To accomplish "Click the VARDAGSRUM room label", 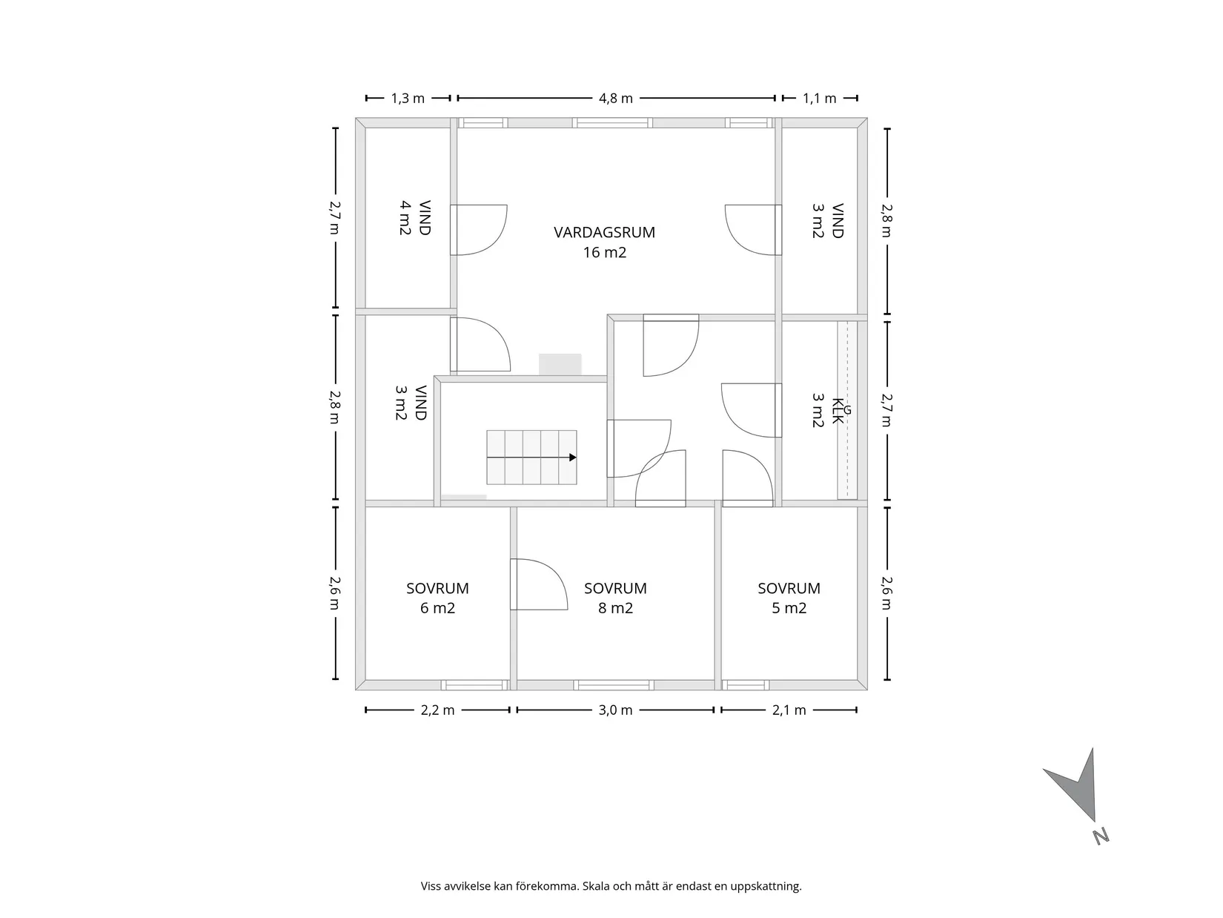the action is tap(604, 242).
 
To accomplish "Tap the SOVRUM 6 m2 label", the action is tap(437, 598).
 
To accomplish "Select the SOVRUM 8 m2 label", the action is tap(615, 598).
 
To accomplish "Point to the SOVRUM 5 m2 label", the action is tap(789, 598).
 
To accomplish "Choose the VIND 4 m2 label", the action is tap(414, 218).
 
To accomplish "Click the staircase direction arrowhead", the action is tap(573, 458).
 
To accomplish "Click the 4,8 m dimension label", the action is tap(616, 99).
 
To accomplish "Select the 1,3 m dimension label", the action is tap(408, 99).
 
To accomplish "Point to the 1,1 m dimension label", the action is tap(819, 99).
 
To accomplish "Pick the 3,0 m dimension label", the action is tap(616, 710).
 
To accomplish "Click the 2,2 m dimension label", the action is tap(437, 710).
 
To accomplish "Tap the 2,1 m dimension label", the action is tap(789, 710).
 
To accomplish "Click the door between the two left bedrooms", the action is tap(538, 584).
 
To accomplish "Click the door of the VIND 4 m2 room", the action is tap(478, 230).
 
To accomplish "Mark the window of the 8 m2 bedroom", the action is tap(612, 685).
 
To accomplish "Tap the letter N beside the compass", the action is tap(1101, 836).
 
